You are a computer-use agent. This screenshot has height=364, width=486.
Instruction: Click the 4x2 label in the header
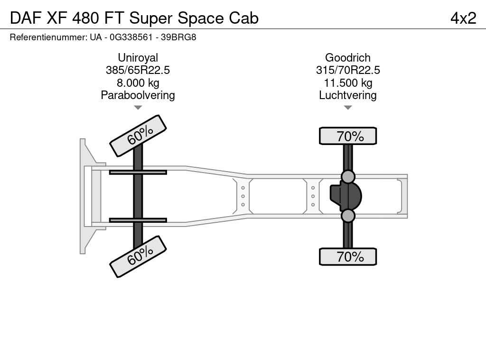463,18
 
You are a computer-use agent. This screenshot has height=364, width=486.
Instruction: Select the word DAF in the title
26,18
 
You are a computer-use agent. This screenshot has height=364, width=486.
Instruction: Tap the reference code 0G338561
131,37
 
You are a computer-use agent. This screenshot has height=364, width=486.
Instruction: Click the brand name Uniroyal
138,57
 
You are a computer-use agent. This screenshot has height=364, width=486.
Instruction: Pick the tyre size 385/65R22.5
138,70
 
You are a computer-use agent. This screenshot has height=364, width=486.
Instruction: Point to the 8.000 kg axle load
138,83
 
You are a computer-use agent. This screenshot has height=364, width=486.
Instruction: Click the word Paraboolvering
138,95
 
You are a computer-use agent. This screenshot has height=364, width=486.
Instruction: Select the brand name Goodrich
348,57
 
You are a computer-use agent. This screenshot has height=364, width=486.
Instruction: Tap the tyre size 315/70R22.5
348,70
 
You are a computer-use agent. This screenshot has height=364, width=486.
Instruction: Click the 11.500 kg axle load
348,83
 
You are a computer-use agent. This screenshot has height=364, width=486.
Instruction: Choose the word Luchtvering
348,95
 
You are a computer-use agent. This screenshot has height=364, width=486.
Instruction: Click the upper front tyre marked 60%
138,136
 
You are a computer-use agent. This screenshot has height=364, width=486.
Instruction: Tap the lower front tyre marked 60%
138,256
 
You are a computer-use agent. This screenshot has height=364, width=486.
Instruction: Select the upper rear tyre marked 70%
348,136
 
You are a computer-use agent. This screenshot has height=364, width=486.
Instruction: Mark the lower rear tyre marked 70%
348,256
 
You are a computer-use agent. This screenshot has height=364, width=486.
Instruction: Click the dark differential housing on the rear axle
346,196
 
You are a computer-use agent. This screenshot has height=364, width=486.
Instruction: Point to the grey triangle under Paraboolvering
138,108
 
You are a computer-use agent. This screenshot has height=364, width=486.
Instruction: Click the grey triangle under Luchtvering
348,108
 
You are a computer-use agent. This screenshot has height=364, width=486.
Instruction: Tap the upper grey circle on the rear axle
348,177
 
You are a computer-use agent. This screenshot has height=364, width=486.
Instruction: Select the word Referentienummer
49,37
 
